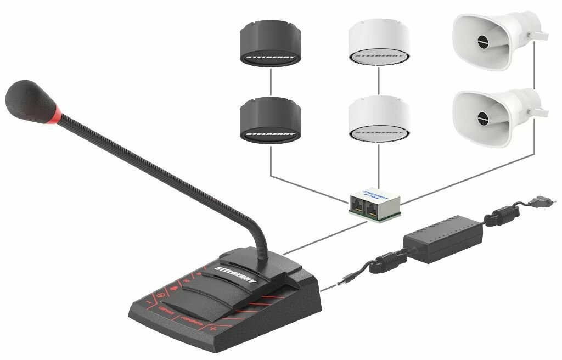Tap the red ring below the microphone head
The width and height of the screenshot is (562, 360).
coord(54,115)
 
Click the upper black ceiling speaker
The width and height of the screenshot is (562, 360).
coord(271,43)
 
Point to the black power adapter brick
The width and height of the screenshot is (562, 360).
coord(443,238)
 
